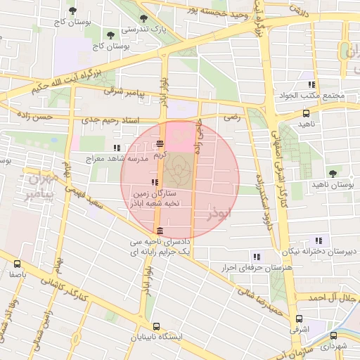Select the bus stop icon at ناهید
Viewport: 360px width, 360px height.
(305, 112)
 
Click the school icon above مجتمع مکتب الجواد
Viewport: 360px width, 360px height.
(311, 85)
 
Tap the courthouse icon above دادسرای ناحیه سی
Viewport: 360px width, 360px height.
(160, 231)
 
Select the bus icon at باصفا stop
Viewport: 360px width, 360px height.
(17, 265)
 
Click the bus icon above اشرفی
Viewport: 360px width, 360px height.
(299, 318)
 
